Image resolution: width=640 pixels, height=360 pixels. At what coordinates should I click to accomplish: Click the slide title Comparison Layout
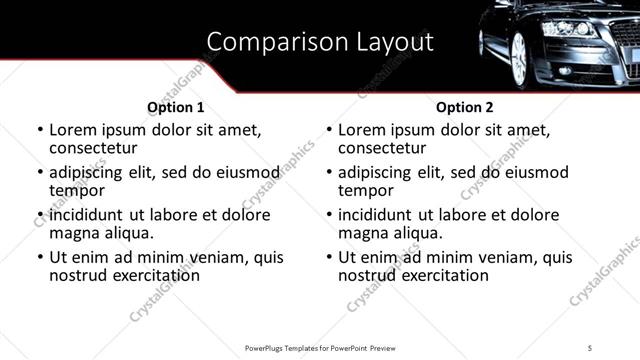320,42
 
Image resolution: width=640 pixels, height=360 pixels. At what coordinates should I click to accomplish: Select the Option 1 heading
176,107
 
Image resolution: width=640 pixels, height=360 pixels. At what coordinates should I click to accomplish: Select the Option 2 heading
465,107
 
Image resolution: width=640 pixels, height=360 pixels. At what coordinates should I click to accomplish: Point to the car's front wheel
518,60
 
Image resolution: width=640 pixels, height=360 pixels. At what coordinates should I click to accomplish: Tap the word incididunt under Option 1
90,215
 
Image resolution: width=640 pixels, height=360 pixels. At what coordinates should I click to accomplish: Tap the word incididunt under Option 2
379,215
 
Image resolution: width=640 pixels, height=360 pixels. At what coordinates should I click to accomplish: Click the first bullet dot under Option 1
40,131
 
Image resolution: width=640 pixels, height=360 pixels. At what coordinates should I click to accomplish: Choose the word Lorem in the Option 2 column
361,130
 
